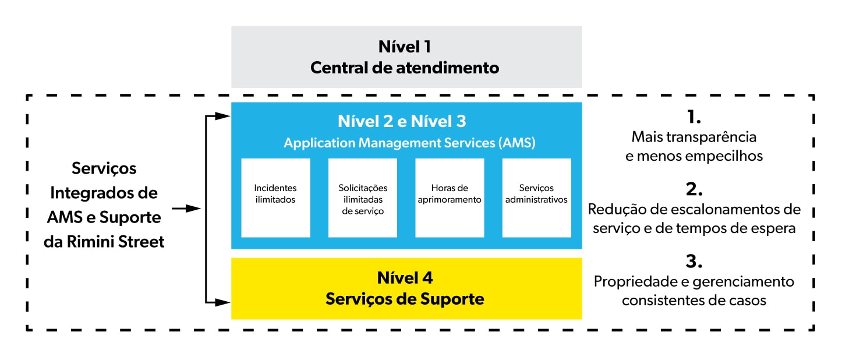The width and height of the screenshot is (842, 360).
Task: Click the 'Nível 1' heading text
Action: pyautogui.click(x=405, y=47)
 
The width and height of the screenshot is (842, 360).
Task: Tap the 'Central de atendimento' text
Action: pyautogui.click(x=405, y=68)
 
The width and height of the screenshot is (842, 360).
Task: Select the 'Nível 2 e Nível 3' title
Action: pyautogui.click(x=402, y=121)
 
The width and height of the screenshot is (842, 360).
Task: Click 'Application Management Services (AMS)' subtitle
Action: pyautogui.click(x=409, y=143)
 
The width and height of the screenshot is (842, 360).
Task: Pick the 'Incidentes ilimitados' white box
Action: pyautogui.click(x=275, y=198)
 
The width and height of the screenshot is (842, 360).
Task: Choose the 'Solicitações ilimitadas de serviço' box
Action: pyautogui.click(x=363, y=198)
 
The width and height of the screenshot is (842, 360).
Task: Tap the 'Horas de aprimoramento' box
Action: pyautogui.click(x=450, y=198)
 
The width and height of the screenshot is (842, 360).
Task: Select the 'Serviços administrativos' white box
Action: pyautogui.click(x=537, y=198)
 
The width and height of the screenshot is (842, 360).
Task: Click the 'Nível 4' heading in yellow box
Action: pyautogui.click(x=405, y=278)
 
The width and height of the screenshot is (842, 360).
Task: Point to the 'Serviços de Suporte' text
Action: pyautogui.click(x=405, y=299)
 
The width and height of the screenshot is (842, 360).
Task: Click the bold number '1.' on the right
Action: pyautogui.click(x=694, y=117)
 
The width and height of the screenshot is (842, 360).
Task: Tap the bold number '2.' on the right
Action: pyautogui.click(x=694, y=189)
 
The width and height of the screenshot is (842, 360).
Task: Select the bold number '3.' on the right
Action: pyautogui.click(x=694, y=261)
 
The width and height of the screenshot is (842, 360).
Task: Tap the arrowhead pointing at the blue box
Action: pyautogui.click(x=222, y=117)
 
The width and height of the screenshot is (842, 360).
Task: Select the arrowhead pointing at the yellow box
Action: pyautogui.click(x=222, y=302)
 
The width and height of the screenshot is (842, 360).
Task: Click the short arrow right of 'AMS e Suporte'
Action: pyautogui.click(x=186, y=209)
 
